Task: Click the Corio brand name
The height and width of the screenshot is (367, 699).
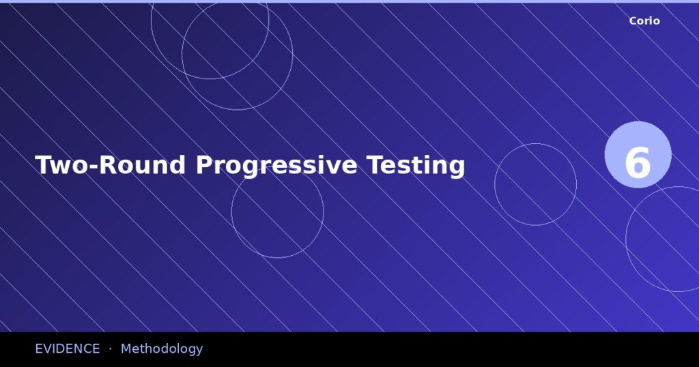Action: (x=644, y=21)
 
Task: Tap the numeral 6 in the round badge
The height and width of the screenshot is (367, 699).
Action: (x=638, y=162)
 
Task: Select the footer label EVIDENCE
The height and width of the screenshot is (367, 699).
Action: (x=67, y=349)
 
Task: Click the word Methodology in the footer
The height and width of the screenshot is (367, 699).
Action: (x=162, y=349)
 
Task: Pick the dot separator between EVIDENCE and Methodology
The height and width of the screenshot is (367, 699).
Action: (x=110, y=349)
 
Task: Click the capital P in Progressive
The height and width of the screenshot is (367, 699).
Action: (x=204, y=165)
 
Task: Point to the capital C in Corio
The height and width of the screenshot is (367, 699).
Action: (x=633, y=21)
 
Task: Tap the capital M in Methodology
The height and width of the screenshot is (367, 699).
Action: (x=126, y=349)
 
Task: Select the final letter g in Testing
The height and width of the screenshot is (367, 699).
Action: (x=457, y=168)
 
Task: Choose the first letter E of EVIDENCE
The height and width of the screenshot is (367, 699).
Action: (x=39, y=349)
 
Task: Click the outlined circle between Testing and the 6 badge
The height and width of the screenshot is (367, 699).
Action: (x=535, y=184)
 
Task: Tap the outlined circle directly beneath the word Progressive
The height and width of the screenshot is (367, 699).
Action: (x=277, y=211)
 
